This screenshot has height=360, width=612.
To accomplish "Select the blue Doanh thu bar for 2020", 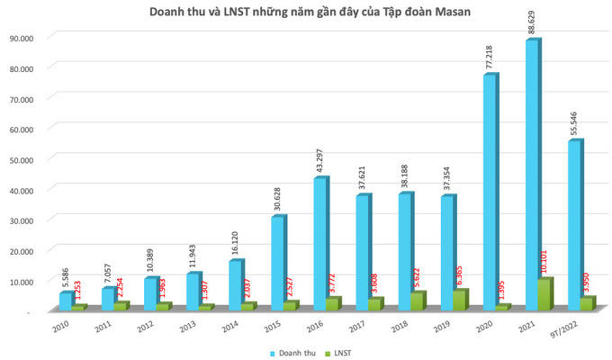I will click(x=490, y=193).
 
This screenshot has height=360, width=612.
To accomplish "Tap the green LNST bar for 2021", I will click(x=544, y=294).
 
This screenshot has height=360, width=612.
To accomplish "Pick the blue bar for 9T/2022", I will click(x=575, y=226).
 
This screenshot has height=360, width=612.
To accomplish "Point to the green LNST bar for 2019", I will click(x=460, y=301).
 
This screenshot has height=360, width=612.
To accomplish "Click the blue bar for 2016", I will click(x=320, y=244).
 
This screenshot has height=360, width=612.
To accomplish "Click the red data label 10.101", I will click(x=545, y=261).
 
